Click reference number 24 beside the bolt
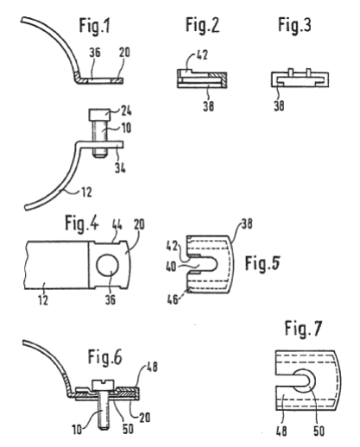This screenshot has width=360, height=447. coord(125,110)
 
